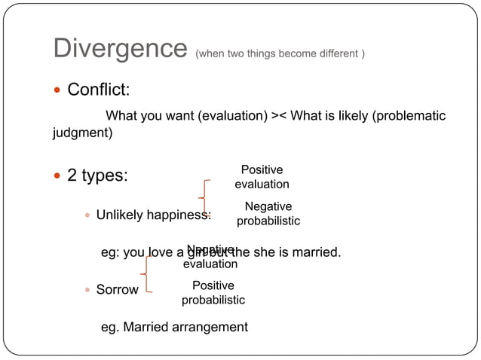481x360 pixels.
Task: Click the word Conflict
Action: coord(98,90)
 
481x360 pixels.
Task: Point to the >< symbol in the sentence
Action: coord(279,116)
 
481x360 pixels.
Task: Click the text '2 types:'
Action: coord(97,176)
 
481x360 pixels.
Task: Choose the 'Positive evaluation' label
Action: coord(262,177)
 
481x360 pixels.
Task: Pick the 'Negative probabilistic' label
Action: coord(268,214)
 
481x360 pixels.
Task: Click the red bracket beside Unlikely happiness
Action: coord(204,197)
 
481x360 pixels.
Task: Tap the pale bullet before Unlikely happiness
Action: coord(87,215)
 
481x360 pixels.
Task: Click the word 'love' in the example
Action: coord(162,252)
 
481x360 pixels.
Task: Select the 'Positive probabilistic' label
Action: coord(213,293)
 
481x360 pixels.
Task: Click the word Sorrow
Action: coord(117,290)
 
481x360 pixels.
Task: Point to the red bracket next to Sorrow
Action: coord(146,273)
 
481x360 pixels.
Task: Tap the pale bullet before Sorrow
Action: coord(87,290)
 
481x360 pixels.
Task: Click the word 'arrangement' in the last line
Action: coord(210,327)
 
